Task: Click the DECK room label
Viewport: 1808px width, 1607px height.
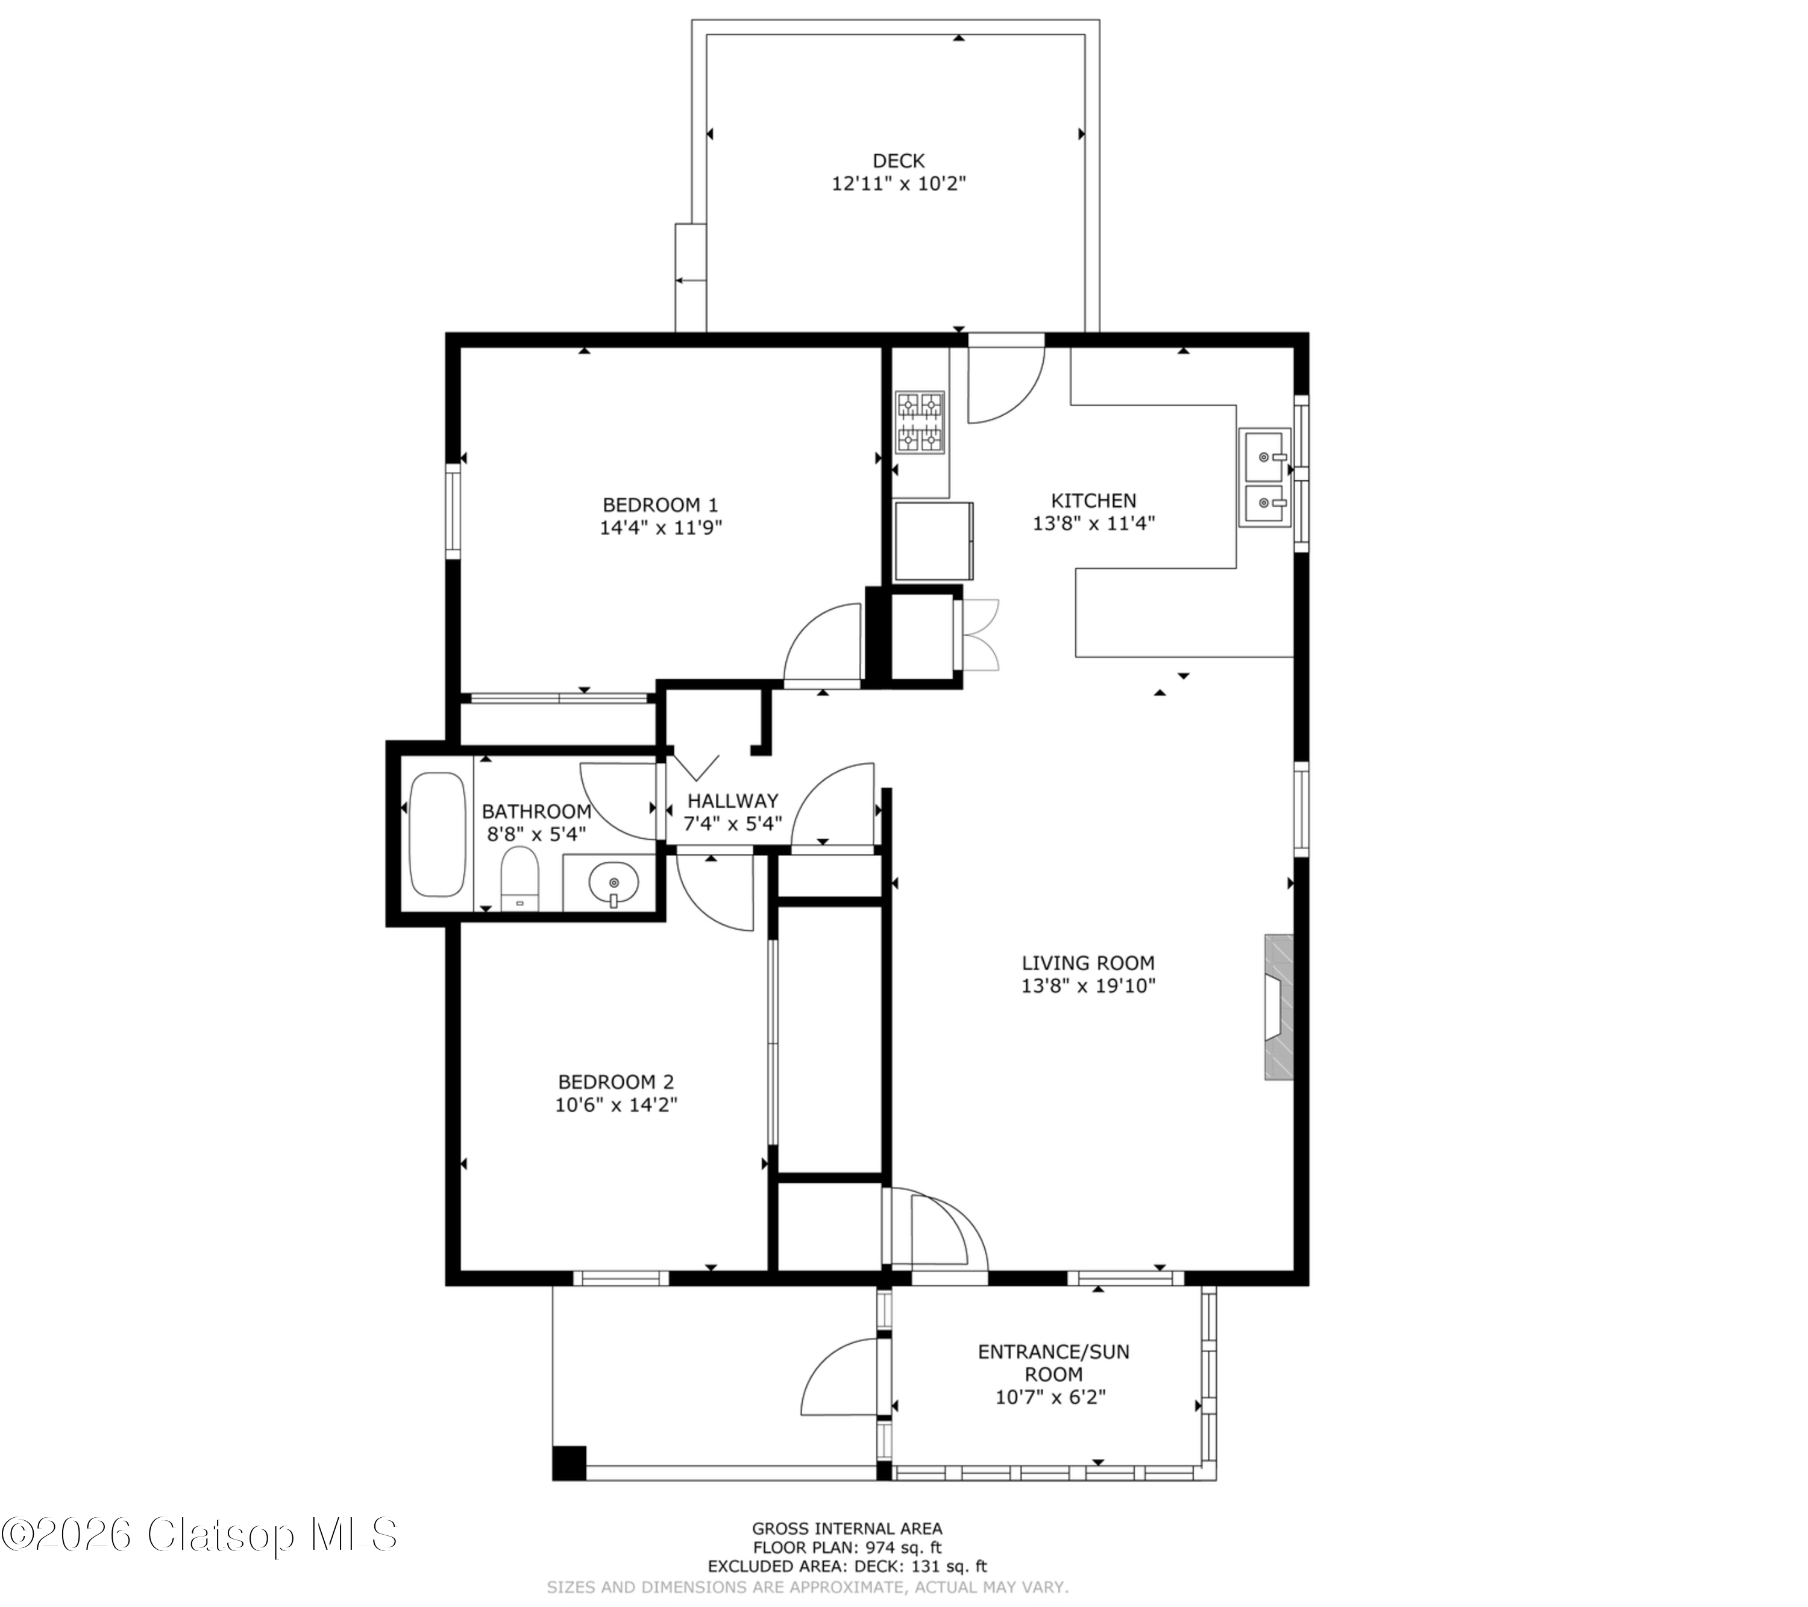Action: point(898,161)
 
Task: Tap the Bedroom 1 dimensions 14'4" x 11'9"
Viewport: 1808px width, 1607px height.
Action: point(661,528)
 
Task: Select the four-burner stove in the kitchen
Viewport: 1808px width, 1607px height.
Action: point(920,423)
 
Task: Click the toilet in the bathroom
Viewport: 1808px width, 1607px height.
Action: point(519,879)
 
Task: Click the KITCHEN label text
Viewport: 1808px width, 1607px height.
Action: point(1093,501)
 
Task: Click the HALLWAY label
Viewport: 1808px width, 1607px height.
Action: point(733,801)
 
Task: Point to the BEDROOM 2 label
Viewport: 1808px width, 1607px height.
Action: point(616,1082)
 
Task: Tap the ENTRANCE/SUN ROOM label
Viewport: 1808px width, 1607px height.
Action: point(1053,1363)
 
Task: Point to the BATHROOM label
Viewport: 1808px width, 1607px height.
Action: point(536,811)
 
